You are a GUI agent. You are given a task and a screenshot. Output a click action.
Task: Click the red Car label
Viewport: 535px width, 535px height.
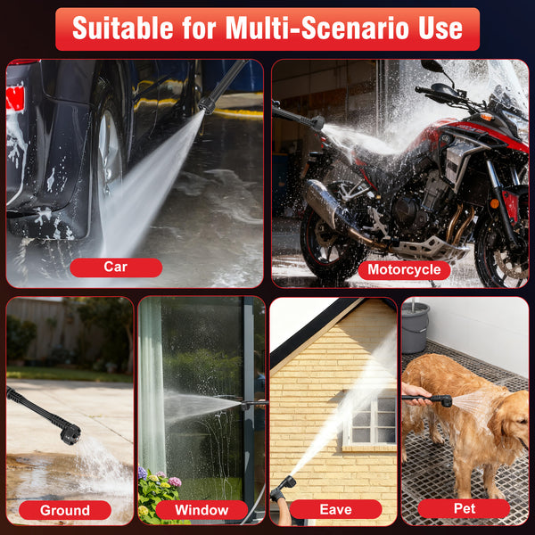[x=116, y=267]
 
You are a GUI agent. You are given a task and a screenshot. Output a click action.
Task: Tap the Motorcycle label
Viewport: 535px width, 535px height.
[x=404, y=270]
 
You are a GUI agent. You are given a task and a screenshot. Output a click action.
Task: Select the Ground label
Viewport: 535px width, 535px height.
[x=65, y=510]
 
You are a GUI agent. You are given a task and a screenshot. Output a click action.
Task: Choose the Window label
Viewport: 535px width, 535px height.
[x=202, y=510]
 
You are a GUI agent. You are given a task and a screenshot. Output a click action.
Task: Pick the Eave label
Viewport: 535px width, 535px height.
[x=336, y=509]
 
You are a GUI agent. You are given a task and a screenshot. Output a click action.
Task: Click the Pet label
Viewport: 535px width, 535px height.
[x=464, y=509]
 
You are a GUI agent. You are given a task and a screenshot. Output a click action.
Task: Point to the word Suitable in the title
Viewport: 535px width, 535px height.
[x=123, y=29]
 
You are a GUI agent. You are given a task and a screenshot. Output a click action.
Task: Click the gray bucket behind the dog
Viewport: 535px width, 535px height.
[x=416, y=327]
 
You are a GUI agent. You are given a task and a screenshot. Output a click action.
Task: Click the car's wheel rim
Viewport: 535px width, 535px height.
[x=110, y=150]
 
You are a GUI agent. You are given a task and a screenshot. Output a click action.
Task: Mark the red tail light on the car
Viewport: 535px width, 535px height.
[x=15, y=98]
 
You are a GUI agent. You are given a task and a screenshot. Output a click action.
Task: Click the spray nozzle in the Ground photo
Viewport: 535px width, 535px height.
[x=70, y=433]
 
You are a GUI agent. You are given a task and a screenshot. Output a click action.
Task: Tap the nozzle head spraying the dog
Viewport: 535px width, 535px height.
[x=445, y=400]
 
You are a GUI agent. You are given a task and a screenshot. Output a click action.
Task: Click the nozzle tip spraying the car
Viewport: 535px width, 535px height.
[x=207, y=106]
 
